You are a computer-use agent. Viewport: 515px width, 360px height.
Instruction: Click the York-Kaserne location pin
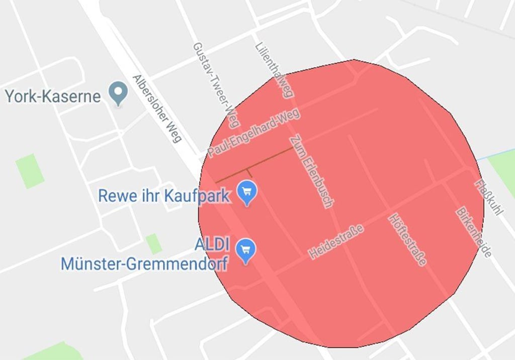(x=119, y=93)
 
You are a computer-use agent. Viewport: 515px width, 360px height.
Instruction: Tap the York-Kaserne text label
(x=53, y=96)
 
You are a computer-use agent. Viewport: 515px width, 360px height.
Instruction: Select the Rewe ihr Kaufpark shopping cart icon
(x=246, y=192)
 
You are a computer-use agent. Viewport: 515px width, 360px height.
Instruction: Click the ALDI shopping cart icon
(x=246, y=249)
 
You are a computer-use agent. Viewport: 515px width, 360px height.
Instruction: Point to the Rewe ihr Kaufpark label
(x=164, y=196)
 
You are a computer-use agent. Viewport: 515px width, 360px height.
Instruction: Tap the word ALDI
(x=211, y=246)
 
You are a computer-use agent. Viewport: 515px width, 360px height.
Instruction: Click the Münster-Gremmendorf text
(x=144, y=263)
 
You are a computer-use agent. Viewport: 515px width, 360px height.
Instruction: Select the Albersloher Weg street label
(x=157, y=109)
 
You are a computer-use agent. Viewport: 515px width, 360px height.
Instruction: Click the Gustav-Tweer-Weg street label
(x=216, y=85)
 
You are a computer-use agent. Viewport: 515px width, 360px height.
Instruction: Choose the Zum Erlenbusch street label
(x=311, y=171)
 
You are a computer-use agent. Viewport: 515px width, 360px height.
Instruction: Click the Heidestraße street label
(x=336, y=242)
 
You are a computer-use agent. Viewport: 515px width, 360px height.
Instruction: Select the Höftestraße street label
(x=407, y=240)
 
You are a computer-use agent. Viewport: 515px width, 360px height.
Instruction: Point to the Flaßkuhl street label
(x=488, y=198)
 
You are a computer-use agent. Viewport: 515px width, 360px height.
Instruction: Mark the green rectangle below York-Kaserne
(x=29, y=171)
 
